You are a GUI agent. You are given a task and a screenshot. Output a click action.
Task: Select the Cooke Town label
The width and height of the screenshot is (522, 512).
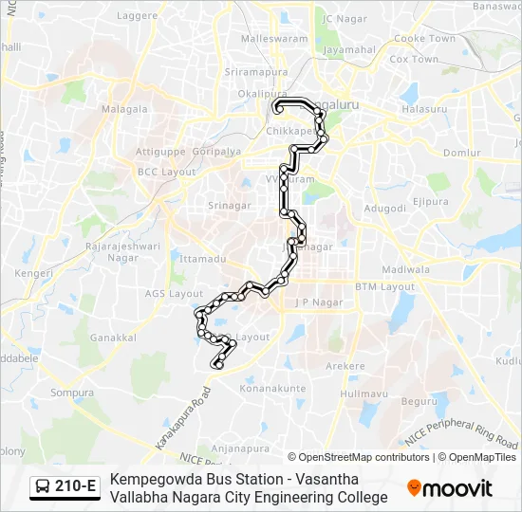[x=424, y=38]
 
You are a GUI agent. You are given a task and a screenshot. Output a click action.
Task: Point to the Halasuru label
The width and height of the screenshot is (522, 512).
[x=424, y=109]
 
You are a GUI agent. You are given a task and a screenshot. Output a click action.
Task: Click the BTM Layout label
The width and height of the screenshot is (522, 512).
[x=385, y=286]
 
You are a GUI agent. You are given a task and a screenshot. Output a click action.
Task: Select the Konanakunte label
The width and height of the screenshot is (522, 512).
[x=272, y=388]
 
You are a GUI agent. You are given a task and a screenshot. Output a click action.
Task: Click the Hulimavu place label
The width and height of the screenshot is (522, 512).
[x=364, y=393]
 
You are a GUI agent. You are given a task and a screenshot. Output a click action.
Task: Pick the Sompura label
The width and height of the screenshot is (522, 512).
[x=72, y=393]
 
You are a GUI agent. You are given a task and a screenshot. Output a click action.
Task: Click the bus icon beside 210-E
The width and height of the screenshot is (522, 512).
[x=43, y=487]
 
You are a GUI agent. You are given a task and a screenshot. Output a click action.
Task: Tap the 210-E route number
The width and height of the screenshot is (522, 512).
[x=76, y=487]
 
